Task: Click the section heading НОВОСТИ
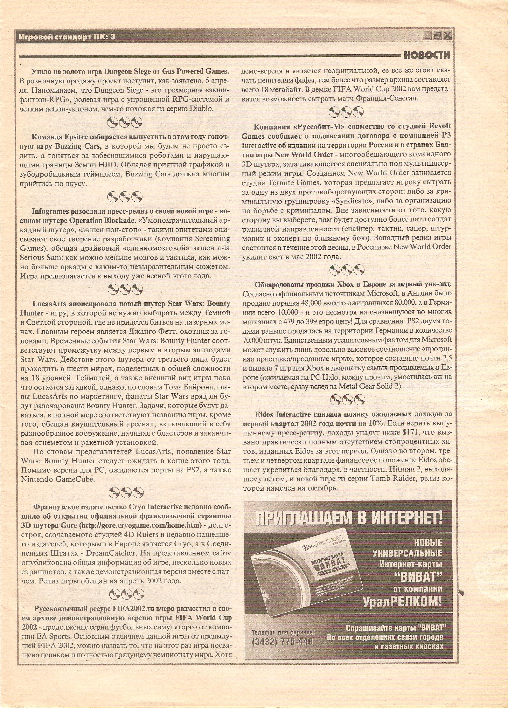(x=427, y=56)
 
